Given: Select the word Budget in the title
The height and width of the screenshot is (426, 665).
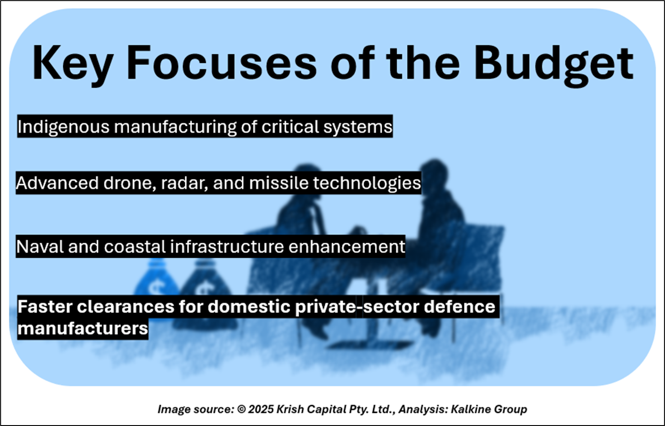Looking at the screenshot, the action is click(x=554, y=66).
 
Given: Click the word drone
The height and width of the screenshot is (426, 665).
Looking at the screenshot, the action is click(x=130, y=183).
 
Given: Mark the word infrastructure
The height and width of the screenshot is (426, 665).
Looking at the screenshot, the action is click(x=227, y=246).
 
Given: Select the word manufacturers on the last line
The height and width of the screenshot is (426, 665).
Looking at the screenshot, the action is click(x=83, y=328).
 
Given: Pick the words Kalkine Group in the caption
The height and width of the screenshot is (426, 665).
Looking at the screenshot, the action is click(x=489, y=409).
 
